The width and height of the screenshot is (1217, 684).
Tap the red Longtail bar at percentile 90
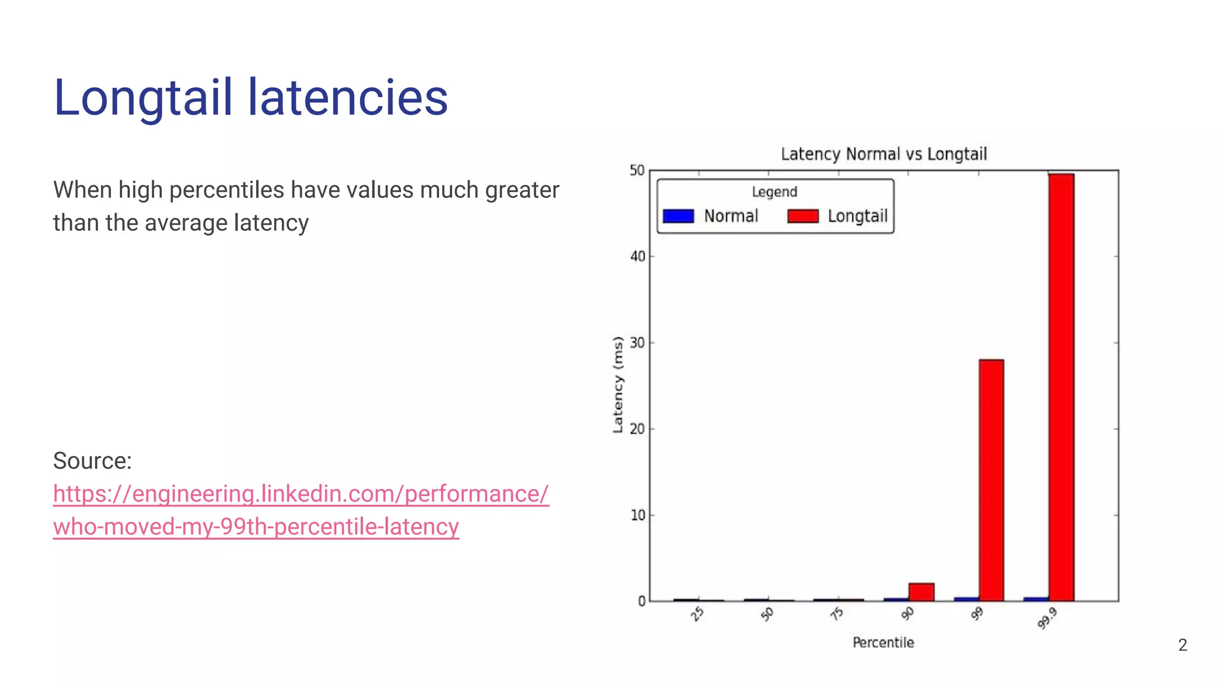921,592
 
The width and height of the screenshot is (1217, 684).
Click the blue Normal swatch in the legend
678,216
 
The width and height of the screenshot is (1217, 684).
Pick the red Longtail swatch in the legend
803,216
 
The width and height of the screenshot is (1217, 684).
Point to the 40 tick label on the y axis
637,256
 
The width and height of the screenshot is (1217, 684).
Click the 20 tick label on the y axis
637,429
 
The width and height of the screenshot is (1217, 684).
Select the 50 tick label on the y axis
637,171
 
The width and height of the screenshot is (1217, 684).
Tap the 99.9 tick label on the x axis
1047,618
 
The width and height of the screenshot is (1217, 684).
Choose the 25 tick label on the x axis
698,614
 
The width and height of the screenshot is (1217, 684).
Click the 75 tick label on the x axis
837,614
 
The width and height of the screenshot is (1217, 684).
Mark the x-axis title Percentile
883,642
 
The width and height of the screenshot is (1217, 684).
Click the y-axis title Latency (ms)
618,385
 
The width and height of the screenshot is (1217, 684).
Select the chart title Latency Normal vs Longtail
884,154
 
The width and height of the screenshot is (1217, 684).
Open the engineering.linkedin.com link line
301,494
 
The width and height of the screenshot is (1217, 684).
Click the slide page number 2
1183,645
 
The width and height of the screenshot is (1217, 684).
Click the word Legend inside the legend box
774,192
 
